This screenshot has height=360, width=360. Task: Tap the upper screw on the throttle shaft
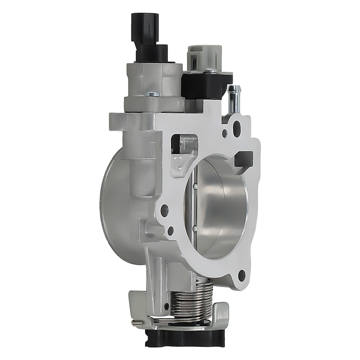coord(195,186)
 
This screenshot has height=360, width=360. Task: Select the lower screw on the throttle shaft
coord(195,227)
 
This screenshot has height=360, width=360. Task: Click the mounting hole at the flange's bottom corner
coord(242,275)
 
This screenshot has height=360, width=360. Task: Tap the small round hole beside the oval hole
coord(225,133)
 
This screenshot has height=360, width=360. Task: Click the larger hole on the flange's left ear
coord(164,210)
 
